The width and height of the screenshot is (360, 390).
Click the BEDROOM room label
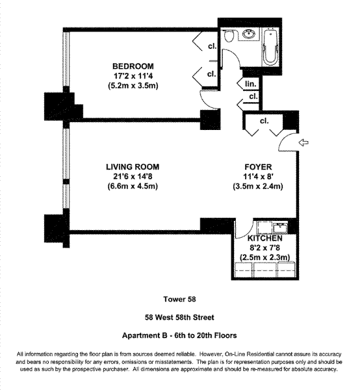pos(133,66)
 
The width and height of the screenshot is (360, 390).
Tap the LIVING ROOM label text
pos(133,167)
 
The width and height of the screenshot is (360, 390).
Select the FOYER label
pos(258,167)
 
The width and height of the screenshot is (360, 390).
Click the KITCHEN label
pos(264,239)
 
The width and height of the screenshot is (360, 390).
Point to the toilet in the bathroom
pos(229,36)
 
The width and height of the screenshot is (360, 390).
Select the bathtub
pos(270,47)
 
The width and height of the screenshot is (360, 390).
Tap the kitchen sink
pos(280,227)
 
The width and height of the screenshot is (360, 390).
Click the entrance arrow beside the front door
pos(303,143)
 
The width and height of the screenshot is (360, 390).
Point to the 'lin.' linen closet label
pos(251,84)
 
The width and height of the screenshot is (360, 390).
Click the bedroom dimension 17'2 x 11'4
pos(133,76)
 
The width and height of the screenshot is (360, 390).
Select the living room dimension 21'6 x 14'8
pos(133,176)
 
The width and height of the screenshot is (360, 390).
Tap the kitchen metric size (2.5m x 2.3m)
pos(264,257)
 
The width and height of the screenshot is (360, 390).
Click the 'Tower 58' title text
pos(179,299)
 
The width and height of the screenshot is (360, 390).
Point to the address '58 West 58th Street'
pos(179,317)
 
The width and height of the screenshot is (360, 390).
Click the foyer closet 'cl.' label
pos(264,121)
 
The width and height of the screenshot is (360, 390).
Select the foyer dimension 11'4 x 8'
pos(258,176)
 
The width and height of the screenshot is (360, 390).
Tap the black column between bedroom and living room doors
pos(211,120)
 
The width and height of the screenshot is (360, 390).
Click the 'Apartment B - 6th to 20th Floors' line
pos(179,335)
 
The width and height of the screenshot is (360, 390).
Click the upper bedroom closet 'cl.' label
pos(212,46)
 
